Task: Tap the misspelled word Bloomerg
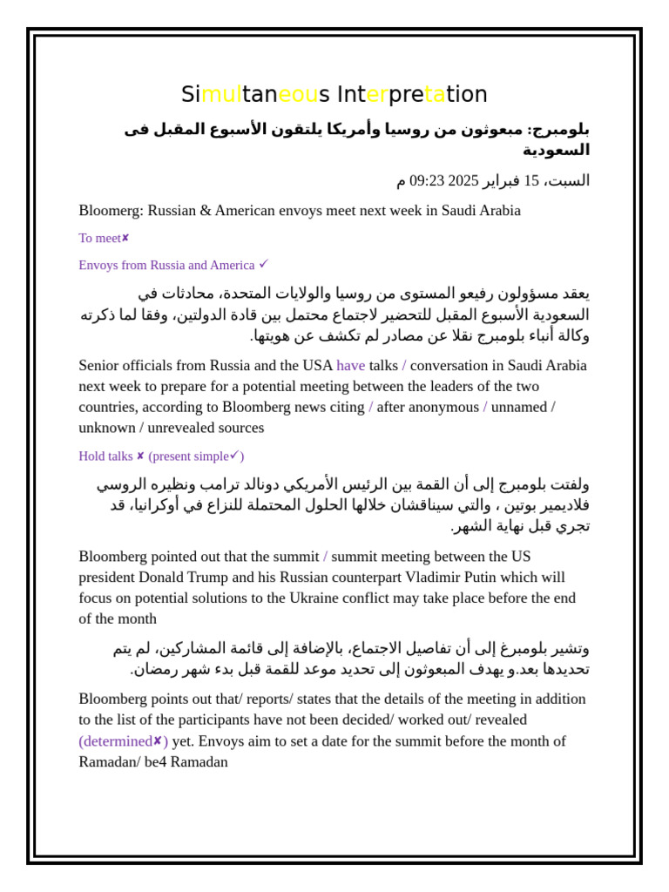pyautogui.click(x=111, y=211)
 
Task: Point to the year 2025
pyautogui.click(x=463, y=181)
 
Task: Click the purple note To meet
pyautogui.click(x=99, y=239)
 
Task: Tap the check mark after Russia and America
pyautogui.click(x=264, y=264)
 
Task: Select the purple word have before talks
pyautogui.click(x=350, y=366)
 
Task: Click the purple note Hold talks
pyautogui.click(x=105, y=456)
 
